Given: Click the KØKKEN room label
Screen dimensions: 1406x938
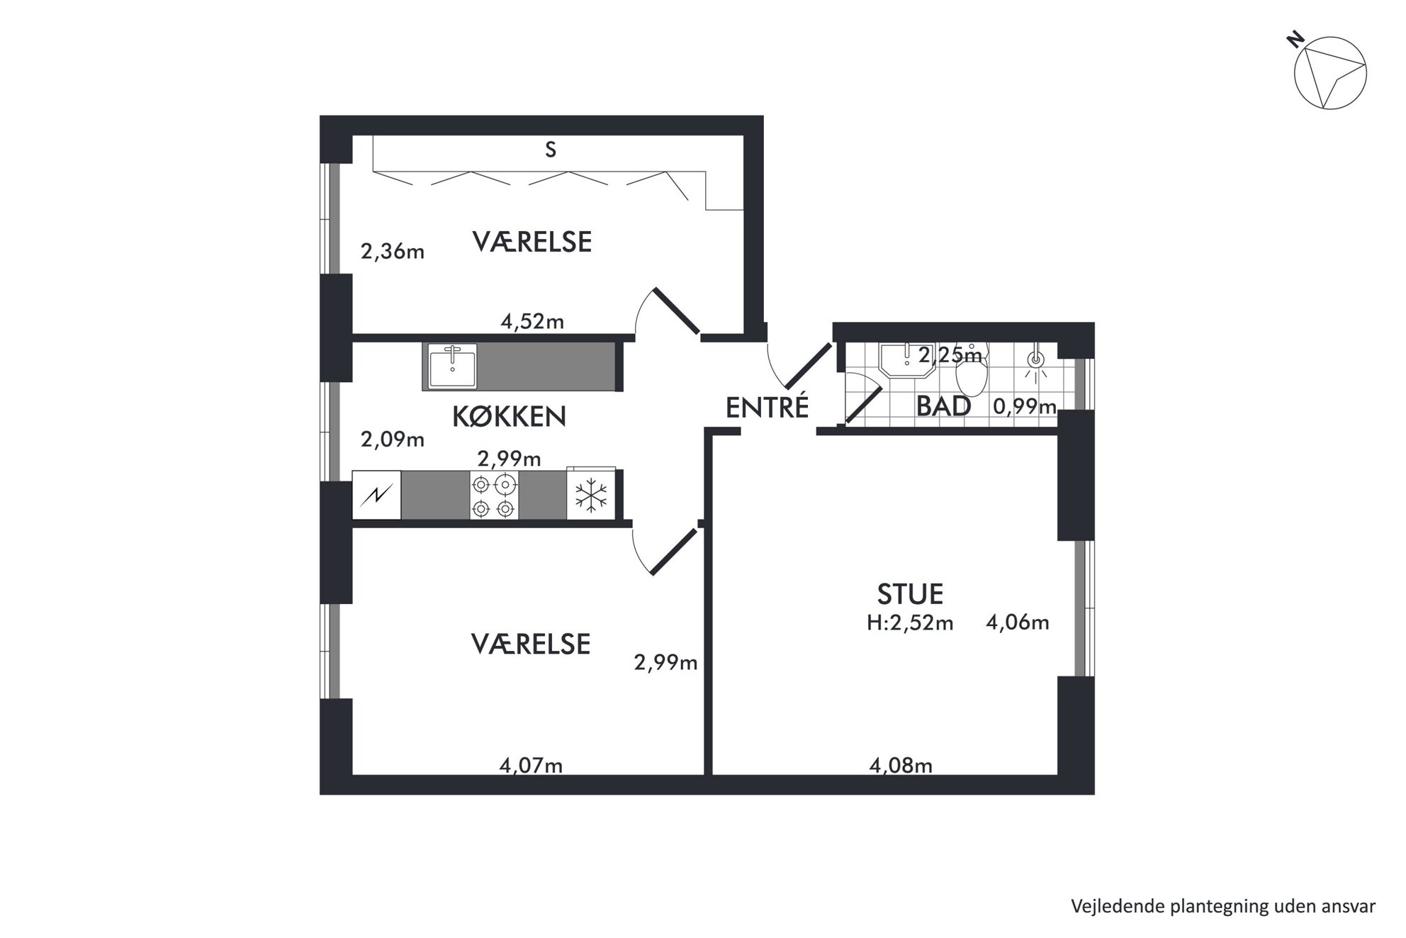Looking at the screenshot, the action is click(x=509, y=417).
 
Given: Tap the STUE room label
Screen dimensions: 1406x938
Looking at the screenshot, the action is click(x=910, y=593).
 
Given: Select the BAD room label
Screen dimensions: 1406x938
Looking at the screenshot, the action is click(x=943, y=406).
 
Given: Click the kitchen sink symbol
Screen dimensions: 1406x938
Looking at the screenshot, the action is click(x=453, y=365).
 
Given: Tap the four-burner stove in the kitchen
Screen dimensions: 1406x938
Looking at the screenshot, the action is click(x=494, y=496).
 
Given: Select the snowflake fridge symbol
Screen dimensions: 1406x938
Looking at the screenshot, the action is click(x=590, y=496).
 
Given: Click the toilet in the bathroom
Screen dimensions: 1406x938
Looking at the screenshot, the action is click(x=972, y=372).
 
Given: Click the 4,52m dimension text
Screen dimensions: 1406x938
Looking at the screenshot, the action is click(x=532, y=322).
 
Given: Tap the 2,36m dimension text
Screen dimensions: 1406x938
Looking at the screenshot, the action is click(x=392, y=251).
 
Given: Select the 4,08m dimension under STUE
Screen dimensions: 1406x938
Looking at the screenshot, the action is click(x=900, y=766).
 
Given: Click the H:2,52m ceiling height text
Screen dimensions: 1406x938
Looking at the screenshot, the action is click(x=910, y=623).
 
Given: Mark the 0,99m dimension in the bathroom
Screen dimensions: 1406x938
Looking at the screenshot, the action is click(x=1025, y=407).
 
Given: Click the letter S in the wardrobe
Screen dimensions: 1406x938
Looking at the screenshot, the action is click(x=551, y=150).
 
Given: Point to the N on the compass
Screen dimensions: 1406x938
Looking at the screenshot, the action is click(x=1296, y=40).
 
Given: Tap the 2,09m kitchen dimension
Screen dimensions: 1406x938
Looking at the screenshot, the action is click(x=392, y=440).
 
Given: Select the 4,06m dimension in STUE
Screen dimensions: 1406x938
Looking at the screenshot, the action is click(x=1018, y=622).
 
